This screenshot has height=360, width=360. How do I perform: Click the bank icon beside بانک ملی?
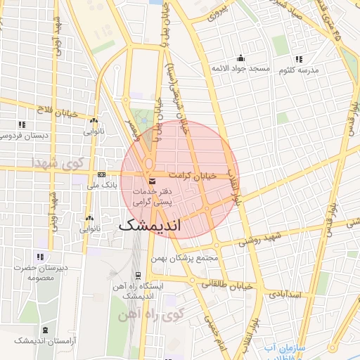[102, 174]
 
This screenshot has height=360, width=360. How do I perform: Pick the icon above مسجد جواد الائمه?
[241, 58]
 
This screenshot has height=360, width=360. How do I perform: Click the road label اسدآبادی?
[284, 294]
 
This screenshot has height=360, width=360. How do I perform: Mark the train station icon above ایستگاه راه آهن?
[139, 275]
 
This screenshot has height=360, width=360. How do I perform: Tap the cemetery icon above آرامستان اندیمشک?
[46, 330]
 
